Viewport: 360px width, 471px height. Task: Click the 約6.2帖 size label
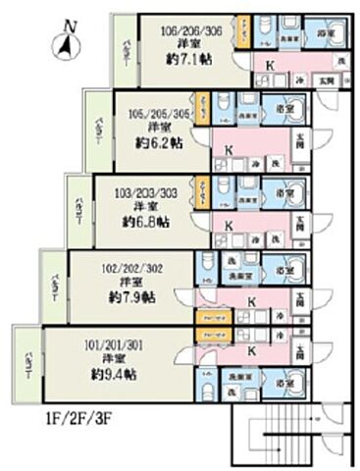[x=162, y=143]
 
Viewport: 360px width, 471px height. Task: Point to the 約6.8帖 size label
[x=147, y=222]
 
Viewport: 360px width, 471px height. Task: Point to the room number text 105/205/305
[x=163, y=112]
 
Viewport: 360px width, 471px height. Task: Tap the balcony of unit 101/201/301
[x=24, y=365]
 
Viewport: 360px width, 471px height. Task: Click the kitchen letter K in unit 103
[x=229, y=226]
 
